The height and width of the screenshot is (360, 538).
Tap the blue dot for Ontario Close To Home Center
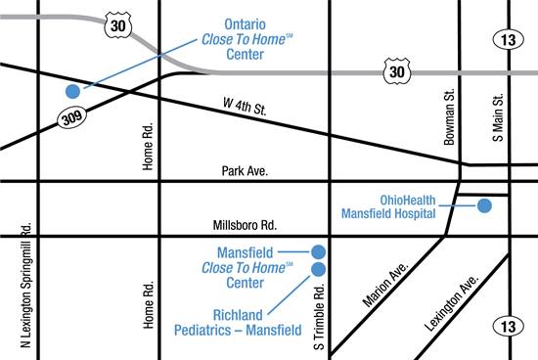[71, 91]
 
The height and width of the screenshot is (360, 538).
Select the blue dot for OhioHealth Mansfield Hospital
[483, 205]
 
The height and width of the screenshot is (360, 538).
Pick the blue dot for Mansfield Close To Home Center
[318, 251]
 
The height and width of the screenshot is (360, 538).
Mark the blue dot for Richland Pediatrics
[318, 268]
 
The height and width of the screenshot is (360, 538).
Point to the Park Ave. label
[245, 170]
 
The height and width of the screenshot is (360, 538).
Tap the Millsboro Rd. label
[245, 225]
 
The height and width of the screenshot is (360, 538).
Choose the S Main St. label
[498, 117]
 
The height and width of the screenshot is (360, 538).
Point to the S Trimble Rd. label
[319, 319]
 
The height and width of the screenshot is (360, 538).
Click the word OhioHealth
[401, 195]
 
